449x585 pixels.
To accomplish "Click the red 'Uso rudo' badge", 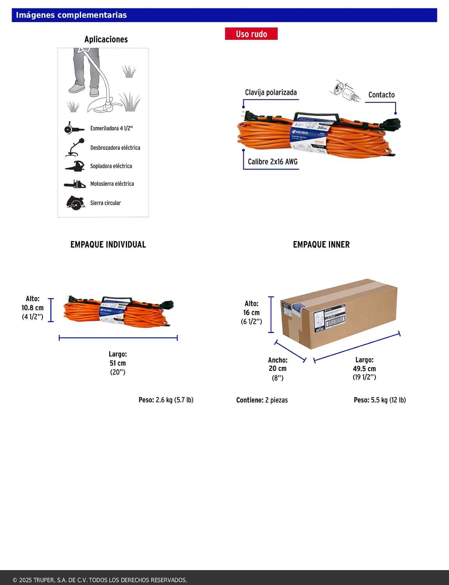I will [x=251, y=34].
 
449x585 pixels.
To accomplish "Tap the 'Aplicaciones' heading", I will [x=106, y=39].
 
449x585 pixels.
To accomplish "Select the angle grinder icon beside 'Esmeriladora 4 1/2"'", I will [x=74, y=128].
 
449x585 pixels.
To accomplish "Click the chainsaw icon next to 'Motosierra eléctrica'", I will [x=75, y=184].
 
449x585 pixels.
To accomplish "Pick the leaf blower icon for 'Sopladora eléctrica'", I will [x=75, y=166].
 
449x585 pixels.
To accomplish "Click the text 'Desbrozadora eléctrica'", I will [x=115, y=148].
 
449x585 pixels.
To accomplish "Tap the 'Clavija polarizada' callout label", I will [x=271, y=92].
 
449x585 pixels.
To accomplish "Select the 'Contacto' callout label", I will [x=381, y=95].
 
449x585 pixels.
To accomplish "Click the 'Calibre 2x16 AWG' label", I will [x=272, y=161].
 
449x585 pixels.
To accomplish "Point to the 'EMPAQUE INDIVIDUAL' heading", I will [x=108, y=245].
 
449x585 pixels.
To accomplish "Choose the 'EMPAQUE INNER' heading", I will [x=321, y=245].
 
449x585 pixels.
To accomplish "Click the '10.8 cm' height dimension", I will [x=32, y=308].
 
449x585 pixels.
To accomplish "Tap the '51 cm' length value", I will [x=118, y=363].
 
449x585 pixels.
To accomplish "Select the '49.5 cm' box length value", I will [x=364, y=369].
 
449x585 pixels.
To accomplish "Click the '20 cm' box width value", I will [x=278, y=369].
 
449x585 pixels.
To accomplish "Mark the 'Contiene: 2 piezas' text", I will [x=262, y=400].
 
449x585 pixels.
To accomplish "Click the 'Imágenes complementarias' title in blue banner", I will [x=71, y=15].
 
